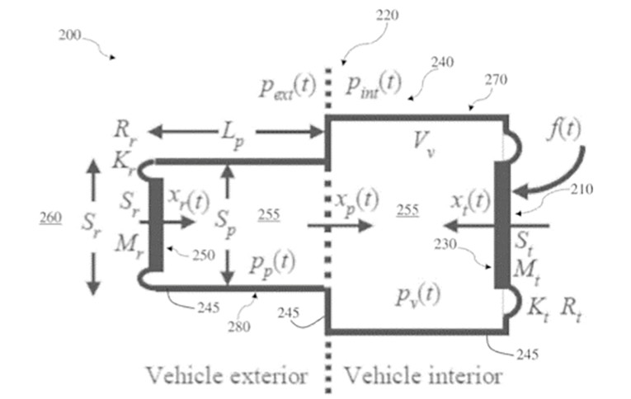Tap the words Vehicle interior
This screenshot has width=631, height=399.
coord(422,376)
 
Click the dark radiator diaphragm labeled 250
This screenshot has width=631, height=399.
coord(155,222)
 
